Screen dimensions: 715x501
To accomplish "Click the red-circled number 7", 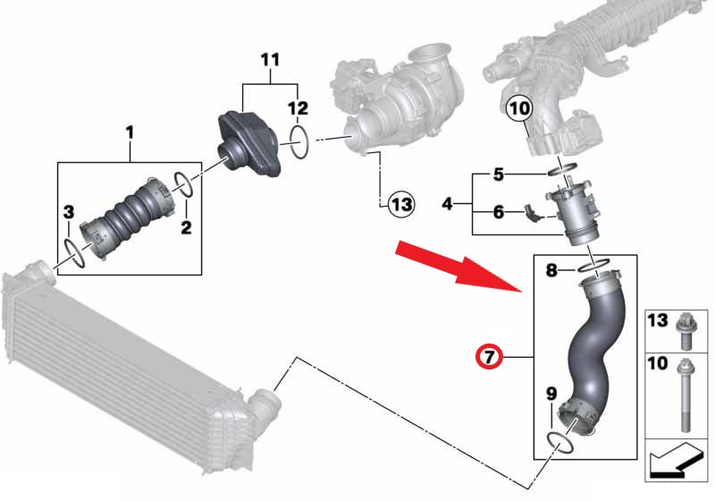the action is (488, 356).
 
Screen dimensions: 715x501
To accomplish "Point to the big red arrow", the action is (458, 266).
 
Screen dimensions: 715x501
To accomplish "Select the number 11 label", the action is (270, 60).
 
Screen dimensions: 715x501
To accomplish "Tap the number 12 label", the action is (298, 108).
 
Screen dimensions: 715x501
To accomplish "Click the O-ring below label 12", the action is (299, 142).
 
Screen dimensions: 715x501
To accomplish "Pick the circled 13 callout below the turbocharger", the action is (401, 204).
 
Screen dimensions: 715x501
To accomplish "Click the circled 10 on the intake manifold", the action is (519, 108).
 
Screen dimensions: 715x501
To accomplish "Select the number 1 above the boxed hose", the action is (130, 132).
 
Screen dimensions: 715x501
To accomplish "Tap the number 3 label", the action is (69, 212).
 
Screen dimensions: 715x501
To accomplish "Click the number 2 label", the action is (186, 227).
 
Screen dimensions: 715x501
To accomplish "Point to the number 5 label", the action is (499, 174).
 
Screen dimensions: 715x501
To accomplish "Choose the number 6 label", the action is (499, 212).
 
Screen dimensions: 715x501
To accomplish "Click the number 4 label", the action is (448, 203).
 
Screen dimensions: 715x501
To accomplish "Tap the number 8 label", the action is (551, 270).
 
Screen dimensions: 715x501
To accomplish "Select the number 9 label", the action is (551, 394).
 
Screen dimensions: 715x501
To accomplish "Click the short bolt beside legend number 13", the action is (685, 332).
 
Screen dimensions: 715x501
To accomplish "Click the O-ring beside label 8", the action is (593, 266).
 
